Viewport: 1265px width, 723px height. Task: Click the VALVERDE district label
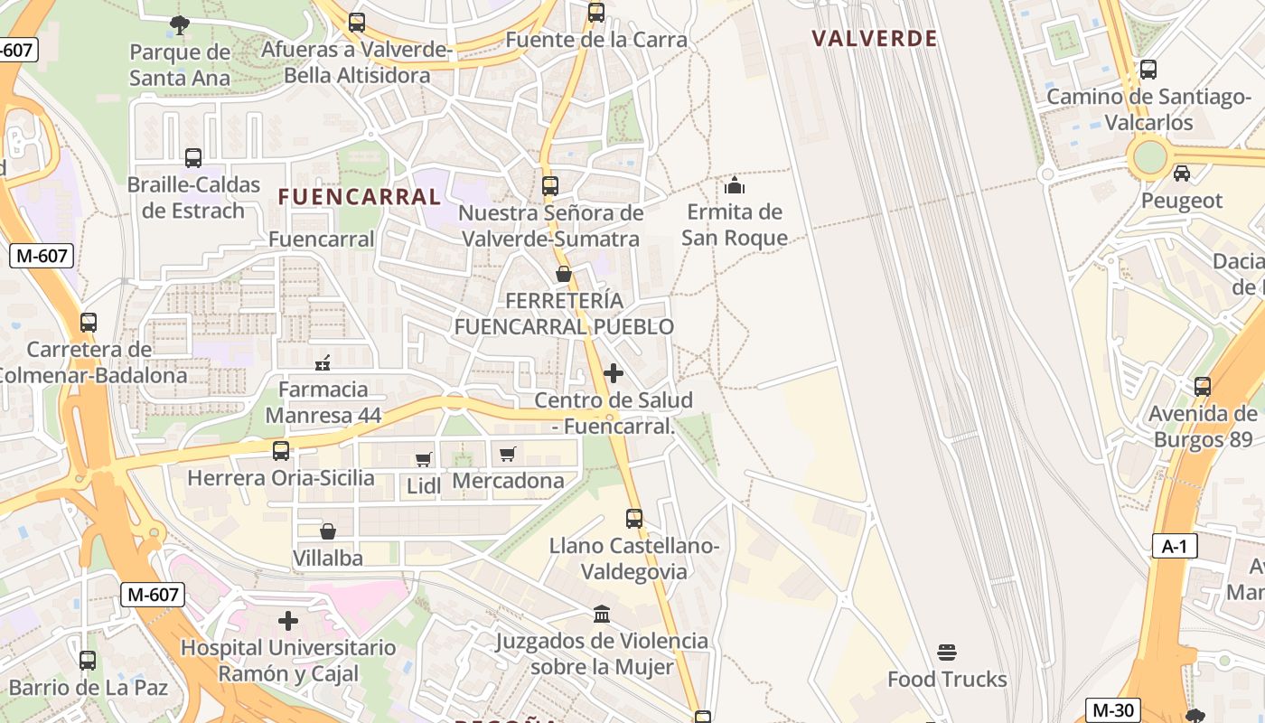pos(874,39)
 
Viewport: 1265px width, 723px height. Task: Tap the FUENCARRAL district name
pos(360,197)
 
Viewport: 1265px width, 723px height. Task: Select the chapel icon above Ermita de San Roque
pos(735,185)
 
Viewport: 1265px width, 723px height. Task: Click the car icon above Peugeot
pos(1181,173)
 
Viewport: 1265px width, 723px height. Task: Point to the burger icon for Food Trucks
pos(947,652)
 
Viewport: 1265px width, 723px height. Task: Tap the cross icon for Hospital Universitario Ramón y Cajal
pos(288,621)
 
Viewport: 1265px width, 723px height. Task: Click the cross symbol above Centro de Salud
pos(614,372)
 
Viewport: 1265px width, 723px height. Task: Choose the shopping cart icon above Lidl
pos(423,459)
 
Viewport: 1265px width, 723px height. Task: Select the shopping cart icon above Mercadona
pos(508,454)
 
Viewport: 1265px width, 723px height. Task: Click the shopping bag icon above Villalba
pos(328,531)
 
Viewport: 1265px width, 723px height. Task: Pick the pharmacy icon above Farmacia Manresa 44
pos(323,363)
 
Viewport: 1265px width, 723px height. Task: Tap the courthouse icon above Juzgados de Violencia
pos(602,615)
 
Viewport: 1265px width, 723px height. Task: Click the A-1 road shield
pos(1174,546)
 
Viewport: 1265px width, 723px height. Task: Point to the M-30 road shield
pos(1112,710)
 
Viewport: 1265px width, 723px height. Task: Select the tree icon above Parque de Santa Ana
pos(180,24)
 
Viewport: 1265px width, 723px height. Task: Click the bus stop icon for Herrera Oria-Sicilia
pos(281,450)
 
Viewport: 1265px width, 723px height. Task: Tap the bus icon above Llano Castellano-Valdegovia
pos(634,519)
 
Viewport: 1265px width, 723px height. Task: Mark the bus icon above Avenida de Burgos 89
pos(1203,387)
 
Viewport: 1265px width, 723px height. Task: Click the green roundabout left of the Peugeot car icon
pos(1149,157)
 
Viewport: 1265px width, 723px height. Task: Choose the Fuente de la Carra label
pos(596,40)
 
